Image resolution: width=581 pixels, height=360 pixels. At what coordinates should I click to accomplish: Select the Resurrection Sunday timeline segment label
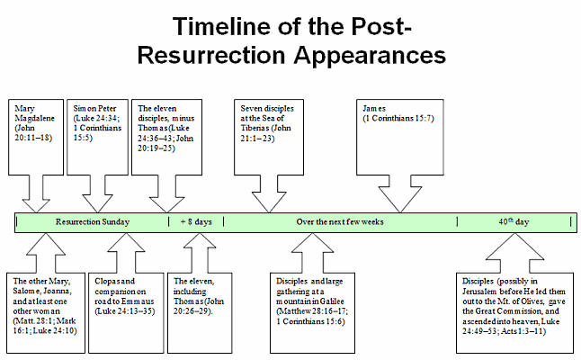(93, 221)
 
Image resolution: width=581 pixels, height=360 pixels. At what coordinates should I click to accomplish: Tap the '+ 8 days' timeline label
(195, 221)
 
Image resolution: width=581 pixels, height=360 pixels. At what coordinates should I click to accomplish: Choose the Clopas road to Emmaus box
(125, 305)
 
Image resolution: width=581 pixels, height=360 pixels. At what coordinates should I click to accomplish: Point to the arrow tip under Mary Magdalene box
(38, 211)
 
